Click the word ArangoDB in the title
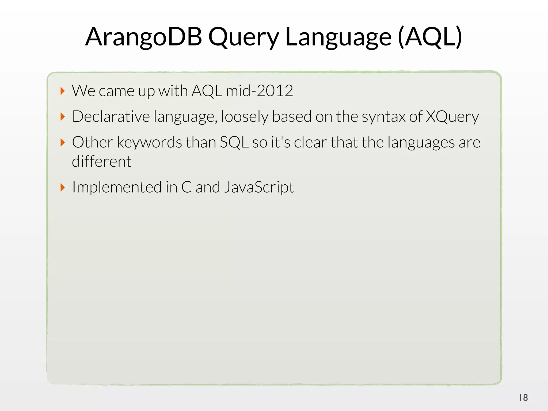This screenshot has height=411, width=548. (x=144, y=37)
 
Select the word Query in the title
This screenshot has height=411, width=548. (x=244, y=37)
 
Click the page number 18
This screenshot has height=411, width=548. (x=523, y=398)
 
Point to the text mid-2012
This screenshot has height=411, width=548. (x=259, y=91)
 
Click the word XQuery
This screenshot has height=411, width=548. (x=452, y=117)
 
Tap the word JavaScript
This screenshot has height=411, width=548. (x=259, y=187)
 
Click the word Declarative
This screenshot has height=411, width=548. (x=111, y=117)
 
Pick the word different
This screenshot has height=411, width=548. (x=102, y=162)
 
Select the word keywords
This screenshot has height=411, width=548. (x=149, y=142)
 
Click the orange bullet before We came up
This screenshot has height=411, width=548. (x=63, y=91)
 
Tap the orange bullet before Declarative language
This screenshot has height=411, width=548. (x=63, y=117)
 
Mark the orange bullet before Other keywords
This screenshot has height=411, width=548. (x=63, y=142)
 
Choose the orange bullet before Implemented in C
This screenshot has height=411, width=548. (x=63, y=187)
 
